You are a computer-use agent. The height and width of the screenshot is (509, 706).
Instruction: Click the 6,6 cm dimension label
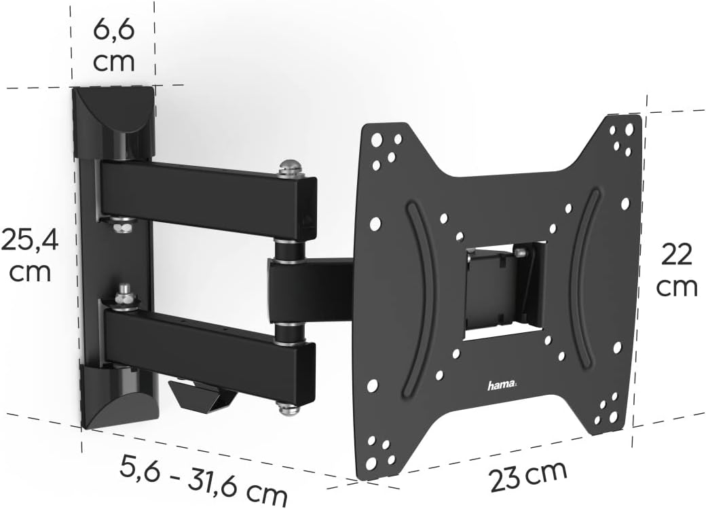(113, 46)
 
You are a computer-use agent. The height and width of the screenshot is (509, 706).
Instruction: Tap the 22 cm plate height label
(676, 270)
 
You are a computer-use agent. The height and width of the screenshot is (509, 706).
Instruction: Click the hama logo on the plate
(502, 386)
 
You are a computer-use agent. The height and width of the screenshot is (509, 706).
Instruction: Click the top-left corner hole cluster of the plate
(386, 147)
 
